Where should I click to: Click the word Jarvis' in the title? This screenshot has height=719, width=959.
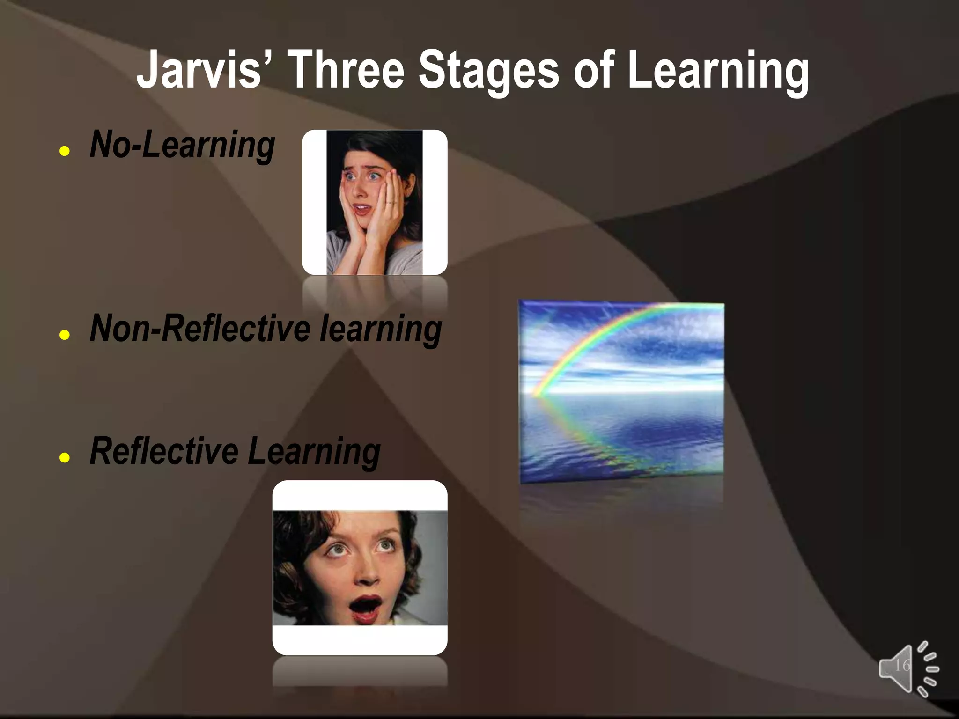point(199,70)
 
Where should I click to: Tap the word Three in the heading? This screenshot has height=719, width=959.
point(347,70)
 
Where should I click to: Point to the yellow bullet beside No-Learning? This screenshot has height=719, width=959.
point(65,151)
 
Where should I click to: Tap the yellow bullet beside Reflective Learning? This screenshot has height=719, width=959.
point(65,457)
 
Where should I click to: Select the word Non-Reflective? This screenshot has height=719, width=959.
point(199,329)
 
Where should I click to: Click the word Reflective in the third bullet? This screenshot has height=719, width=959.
point(163,451)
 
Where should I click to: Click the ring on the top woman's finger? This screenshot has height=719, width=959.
point(391,203)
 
